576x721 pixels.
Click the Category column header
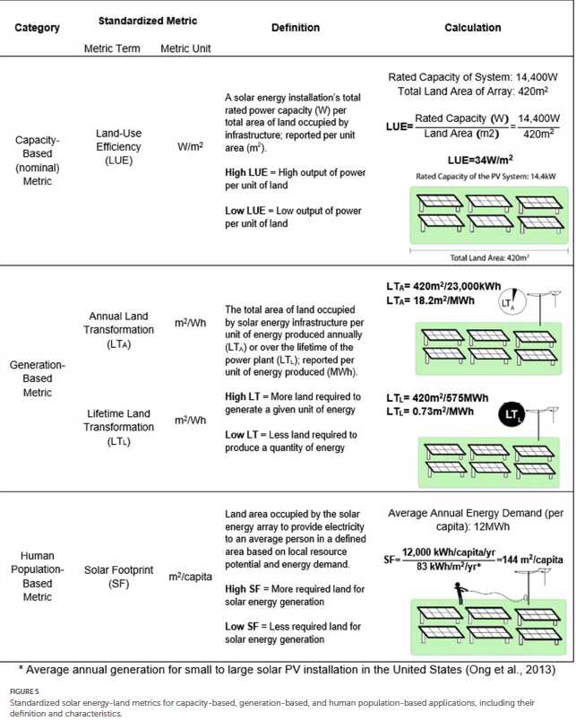point(38,28)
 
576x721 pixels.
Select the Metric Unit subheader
point(185,48)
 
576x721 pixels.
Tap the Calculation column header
point(472,28)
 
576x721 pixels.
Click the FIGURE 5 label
point(24,691)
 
